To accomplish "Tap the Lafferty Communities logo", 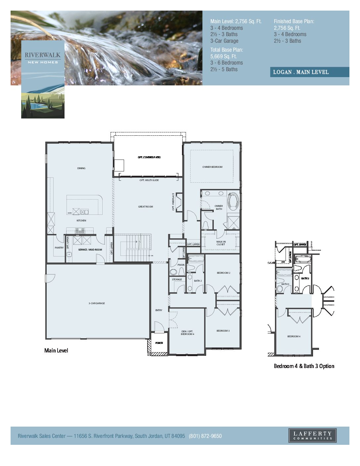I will (x=312, y=435).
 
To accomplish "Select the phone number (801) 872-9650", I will (x=205, y=436).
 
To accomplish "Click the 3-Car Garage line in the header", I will (x=224, y=41).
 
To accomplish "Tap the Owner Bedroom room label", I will (x=212, y=167).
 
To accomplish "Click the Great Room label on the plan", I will (x=146, y=207).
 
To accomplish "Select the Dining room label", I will (x=81, y=168).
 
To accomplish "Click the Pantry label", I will (x=59, y=248).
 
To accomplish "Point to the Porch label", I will (x=159, y=343).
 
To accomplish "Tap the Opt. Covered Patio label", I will (x=149, y=157).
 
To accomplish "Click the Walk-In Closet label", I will (x=221, y=243).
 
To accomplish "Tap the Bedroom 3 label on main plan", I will (x=223, y=331).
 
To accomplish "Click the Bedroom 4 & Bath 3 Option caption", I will (x=304, y=366).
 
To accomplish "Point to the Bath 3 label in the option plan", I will (x=285, y=284).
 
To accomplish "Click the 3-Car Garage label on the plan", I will (x=97, y=303).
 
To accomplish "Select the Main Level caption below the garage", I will (x=56, y=350).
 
